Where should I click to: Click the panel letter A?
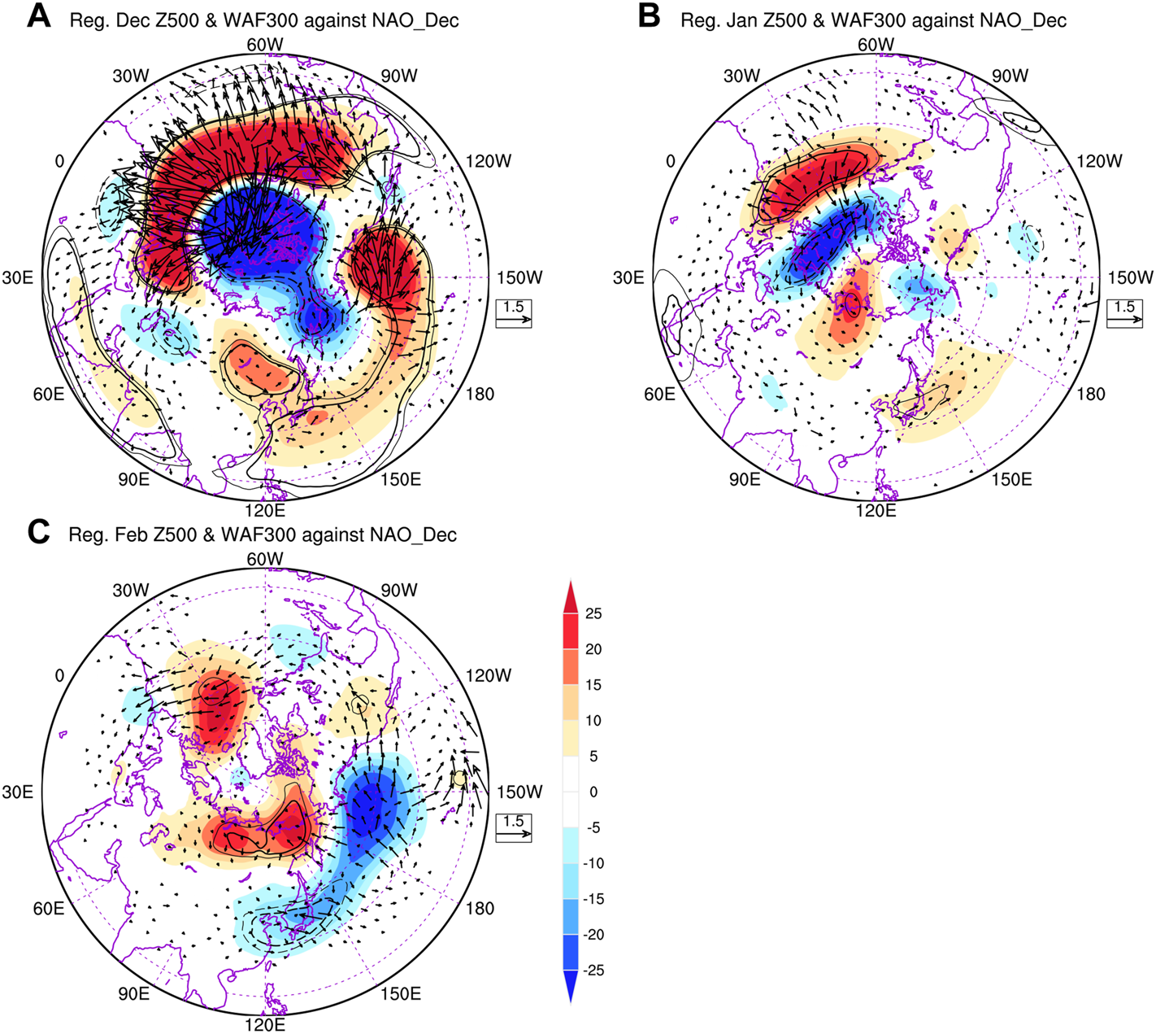click(x=38, y=15)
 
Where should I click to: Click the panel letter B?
click(x=649, y=15)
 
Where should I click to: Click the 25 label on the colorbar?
click(x=593, y=614)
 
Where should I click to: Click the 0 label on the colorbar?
click(x=593, y=792)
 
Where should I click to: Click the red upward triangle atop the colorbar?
click(x=570, y=593)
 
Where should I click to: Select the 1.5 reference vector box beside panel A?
click(x=514, y=313)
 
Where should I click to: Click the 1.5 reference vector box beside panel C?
click(x=514, y=827)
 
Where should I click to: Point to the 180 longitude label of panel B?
click(x=1090, y=395)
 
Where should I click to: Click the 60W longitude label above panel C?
click(x=265, y=559)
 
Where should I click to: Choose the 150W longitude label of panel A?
click(x=519, y=278)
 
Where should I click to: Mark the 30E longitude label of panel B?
click(x=628, y=278)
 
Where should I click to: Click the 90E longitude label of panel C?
click(x=134, y=994)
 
